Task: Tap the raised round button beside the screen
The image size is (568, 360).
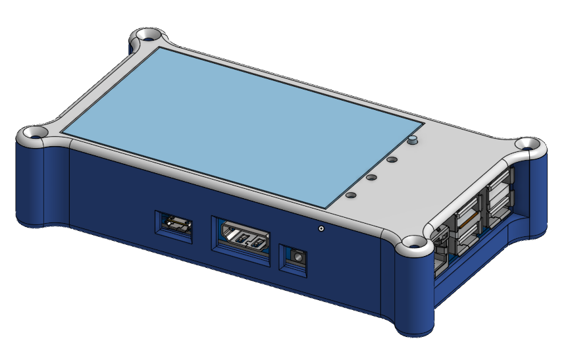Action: (x=413, y=140)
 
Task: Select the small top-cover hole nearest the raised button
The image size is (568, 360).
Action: (x=392, y=159)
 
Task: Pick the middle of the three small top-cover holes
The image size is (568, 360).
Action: (x=371, y=177)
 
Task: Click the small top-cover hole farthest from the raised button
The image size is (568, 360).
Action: (x=351, y=195)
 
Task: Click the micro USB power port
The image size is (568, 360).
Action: (x=176, y=226)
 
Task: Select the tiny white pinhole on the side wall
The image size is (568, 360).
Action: (x=321, y=228)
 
